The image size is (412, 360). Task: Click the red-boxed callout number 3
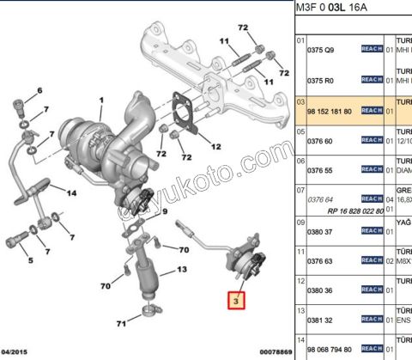point(233,301)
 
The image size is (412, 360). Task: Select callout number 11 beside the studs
point(224,41)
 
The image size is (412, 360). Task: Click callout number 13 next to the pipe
point(182,270)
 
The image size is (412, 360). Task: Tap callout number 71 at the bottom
point(122,323)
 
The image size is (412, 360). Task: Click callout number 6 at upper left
point(39,90)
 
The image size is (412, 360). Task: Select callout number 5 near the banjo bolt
point(29,259)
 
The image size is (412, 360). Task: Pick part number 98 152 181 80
point(330,110)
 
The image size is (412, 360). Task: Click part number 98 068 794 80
point(330,348)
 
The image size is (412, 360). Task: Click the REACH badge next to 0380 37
point(372,231)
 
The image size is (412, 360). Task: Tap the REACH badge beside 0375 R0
point(372,79)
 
